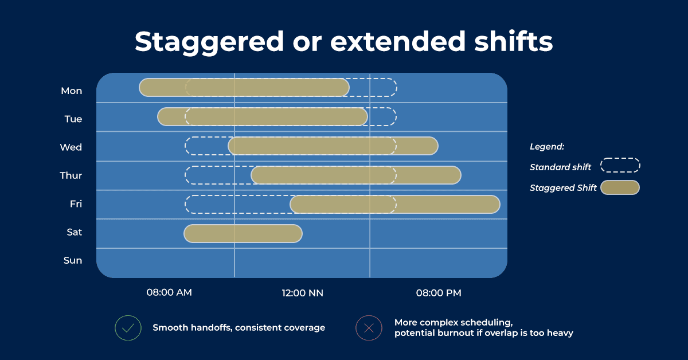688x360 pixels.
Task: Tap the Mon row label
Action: point(72,91)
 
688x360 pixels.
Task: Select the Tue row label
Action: point(73,119)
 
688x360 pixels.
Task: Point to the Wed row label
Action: point(71,147)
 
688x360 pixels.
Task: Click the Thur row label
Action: point(71,175)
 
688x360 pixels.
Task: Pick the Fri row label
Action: point(76,204)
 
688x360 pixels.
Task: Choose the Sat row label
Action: point(75,232)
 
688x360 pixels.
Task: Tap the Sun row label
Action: point(73,260)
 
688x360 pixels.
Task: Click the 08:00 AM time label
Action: point(169,292)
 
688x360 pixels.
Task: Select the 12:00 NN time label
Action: point(303,293)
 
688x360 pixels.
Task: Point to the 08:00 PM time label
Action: point(439,293)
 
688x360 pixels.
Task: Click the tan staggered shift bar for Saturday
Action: point(243,234)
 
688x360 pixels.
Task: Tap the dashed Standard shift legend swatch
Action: point(620,158)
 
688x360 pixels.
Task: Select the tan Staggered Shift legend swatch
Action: point(620,187)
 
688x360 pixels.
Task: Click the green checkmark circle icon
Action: point(128,328)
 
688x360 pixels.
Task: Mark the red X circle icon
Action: point(369,328)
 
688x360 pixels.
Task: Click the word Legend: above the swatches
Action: point(547,147)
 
